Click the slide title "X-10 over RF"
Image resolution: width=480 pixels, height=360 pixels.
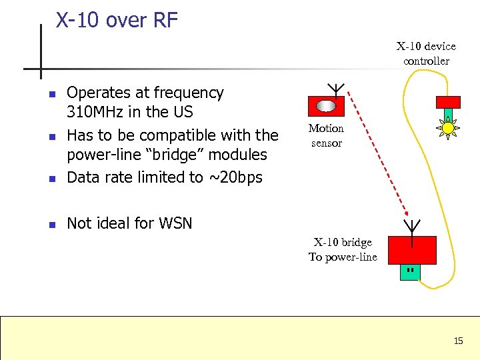117,20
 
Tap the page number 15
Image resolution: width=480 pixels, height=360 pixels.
458,341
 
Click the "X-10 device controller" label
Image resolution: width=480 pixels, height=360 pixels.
426,53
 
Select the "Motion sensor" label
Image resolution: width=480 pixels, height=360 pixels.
326,135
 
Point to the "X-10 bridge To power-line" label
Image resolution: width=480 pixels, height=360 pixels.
343,249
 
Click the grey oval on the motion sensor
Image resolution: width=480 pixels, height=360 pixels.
325,106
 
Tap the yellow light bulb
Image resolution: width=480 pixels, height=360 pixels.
448,127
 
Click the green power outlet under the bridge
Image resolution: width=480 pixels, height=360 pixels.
411,272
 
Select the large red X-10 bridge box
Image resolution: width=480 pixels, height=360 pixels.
411,250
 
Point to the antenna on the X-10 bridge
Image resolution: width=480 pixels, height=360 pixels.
413,227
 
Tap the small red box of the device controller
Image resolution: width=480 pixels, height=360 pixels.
448,101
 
